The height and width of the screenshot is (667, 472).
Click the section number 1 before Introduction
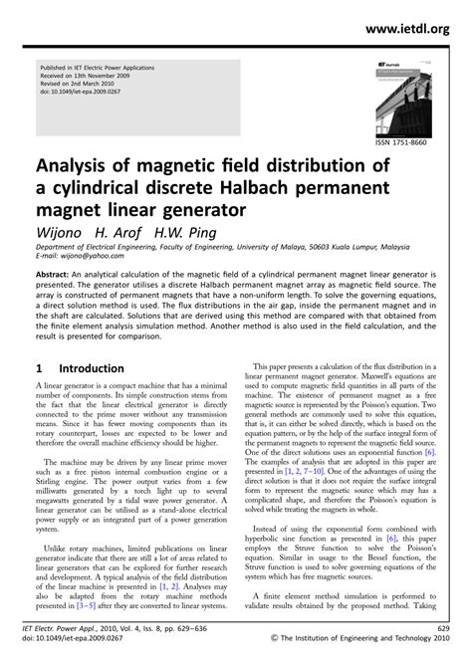click(39, 367)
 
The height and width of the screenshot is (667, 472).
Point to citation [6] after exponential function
click(427, 451)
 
